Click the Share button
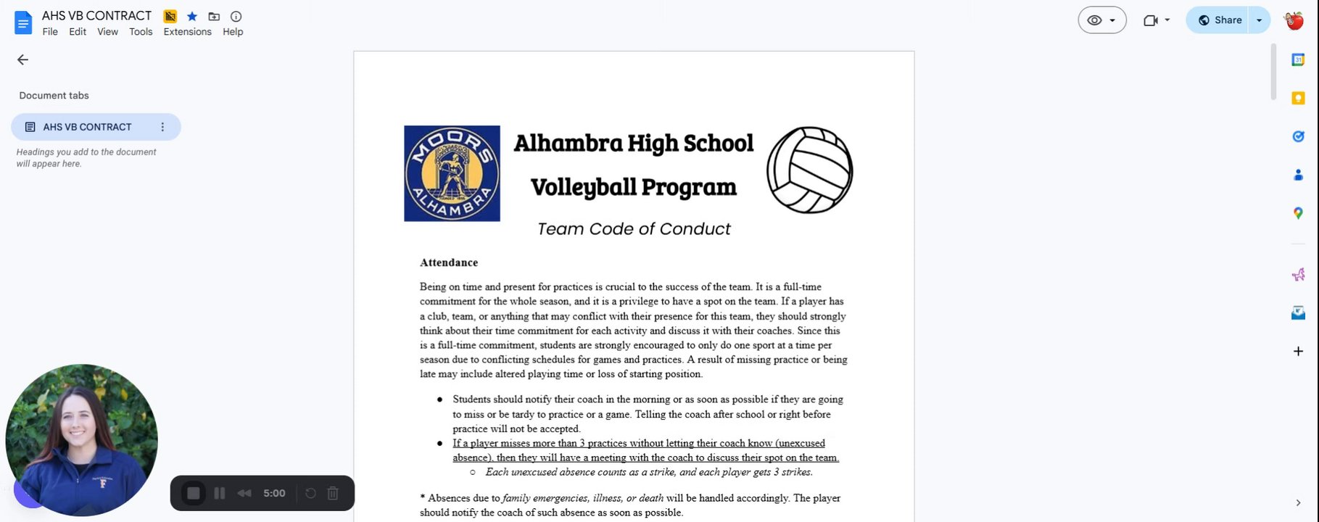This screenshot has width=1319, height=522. pyautogui.click(x=1220, y=20)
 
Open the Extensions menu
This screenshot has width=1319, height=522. pyautogui.click(x=187, y=32)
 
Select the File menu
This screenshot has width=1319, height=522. pyautogui.click(x=50, y=32)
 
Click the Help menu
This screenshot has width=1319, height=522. pyautogui.click(x=233, y=32)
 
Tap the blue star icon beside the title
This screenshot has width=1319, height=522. pyautogui.click(x=192, y=16)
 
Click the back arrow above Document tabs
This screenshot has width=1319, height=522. pyautogui.click(x=22, y=60)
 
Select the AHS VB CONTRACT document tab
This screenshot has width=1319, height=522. pyautogui.click(x=87, y=127)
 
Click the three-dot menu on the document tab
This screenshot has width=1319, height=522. pyautogui.click(x=162, y=127)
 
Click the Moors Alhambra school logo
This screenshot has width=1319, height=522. pyautogui.click(x=452, y=173)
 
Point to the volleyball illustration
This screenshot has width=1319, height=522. pyautogui.click(x=809, y=170)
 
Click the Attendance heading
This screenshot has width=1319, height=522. pyautogui.click(x=449, y=262)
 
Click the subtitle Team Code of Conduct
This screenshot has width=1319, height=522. pyautogui.click(x=634, y=229)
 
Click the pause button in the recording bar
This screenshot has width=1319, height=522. pyautogui.click(x=220, y=494)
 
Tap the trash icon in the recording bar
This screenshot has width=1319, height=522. pyautogui.click(x=333, y=494)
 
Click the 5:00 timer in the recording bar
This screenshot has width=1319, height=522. pyautogui.click(x=274, y=494)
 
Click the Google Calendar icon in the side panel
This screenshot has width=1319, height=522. pyautogui.click(x=1298, y=60)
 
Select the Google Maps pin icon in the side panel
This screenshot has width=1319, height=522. pyautogui.click(x=1298, y=213)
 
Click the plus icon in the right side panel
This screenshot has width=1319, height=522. pyautogui.click(x=1298, y=352)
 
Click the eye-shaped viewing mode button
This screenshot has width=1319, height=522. pyautogui.click(x=1101, y=20)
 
